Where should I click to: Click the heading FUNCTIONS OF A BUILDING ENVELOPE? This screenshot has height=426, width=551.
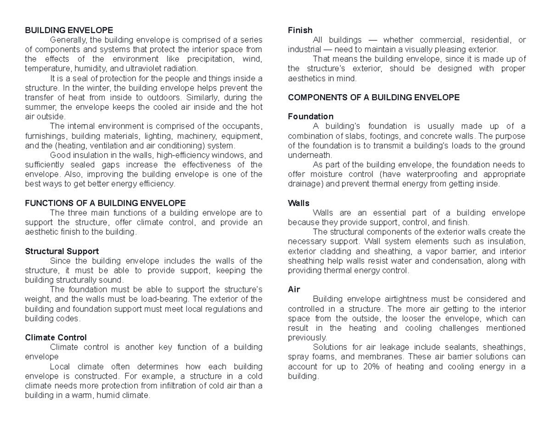click(105, 203)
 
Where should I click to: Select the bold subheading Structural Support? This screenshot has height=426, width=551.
click(62, 251)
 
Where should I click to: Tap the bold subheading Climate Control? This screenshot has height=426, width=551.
click(56, 338)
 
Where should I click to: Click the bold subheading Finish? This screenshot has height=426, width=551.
click(300, 30)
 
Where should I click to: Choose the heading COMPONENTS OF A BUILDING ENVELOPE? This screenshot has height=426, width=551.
click(373, 97)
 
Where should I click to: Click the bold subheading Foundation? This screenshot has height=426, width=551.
click(310, 116)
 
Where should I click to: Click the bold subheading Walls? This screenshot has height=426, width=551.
click(298, 203)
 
